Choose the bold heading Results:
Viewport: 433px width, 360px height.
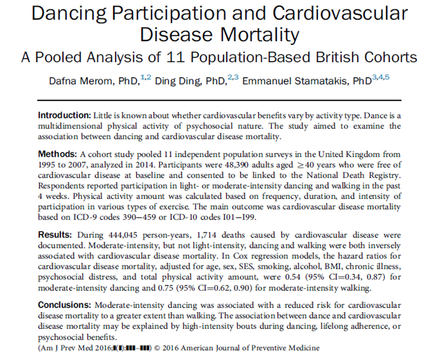tap(56, 235)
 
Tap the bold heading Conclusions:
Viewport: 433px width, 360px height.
tap(65, 304)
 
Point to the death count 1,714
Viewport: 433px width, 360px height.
tap(195, 235)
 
